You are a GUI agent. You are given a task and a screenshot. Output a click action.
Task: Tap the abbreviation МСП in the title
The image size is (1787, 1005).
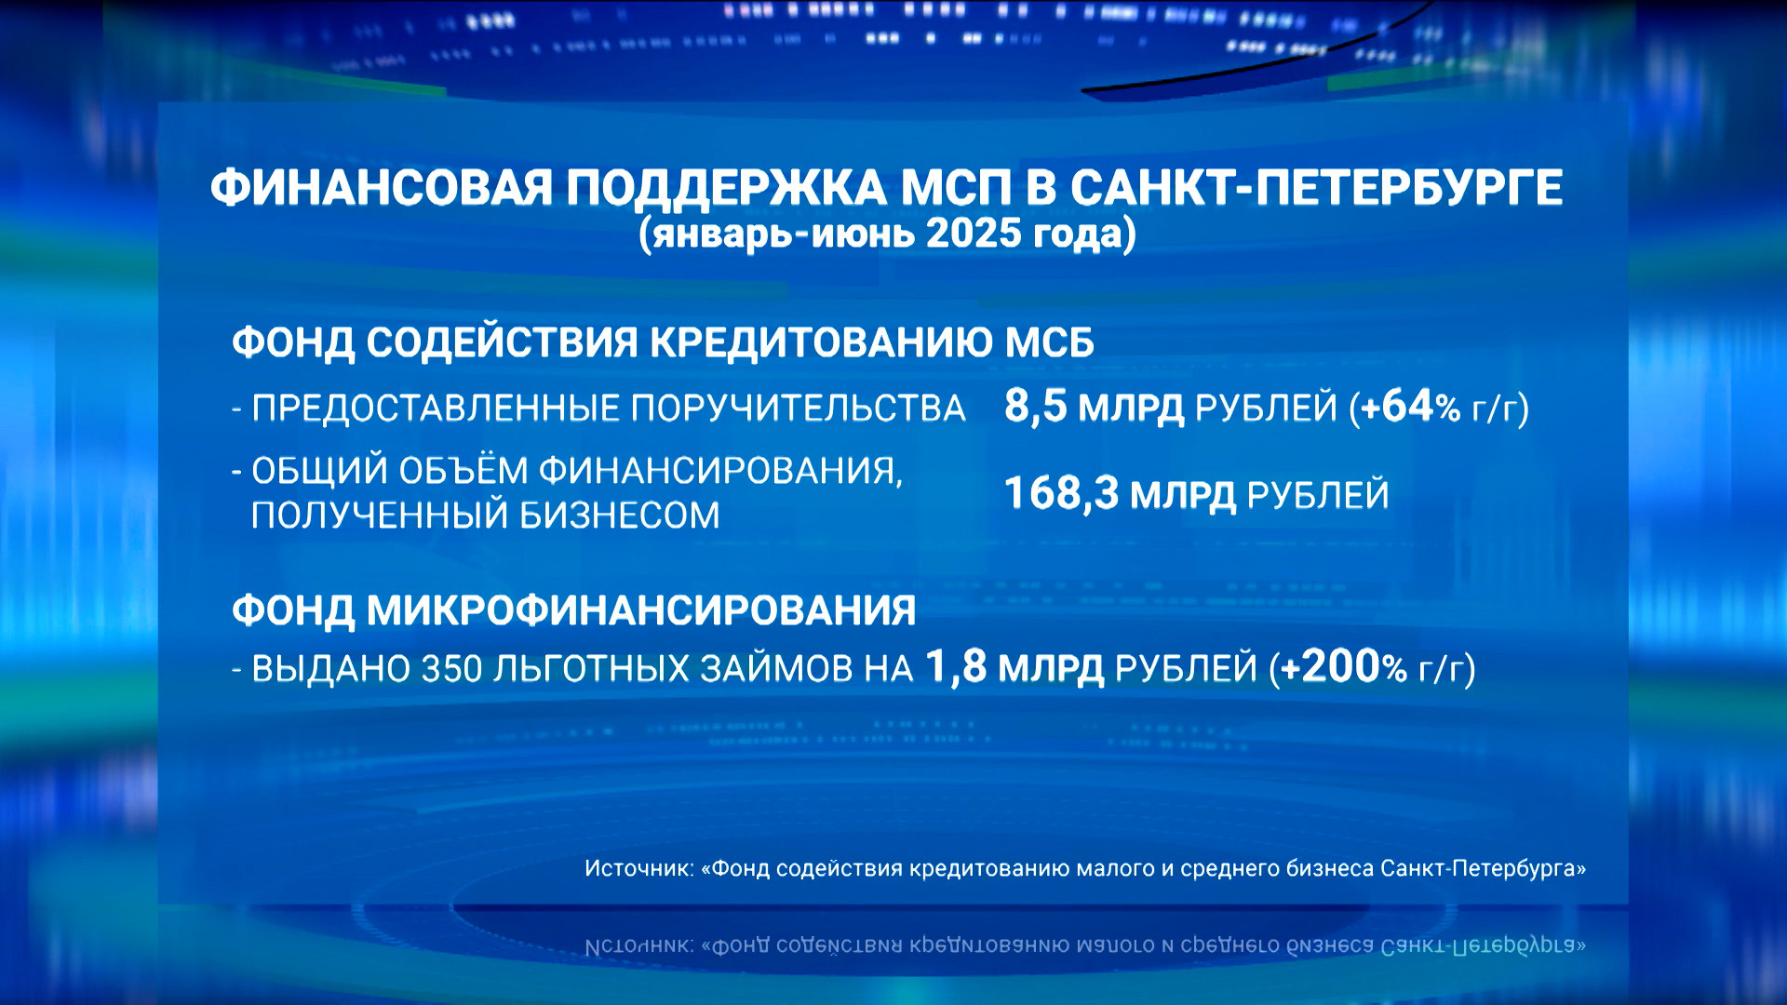[x=956, y=188]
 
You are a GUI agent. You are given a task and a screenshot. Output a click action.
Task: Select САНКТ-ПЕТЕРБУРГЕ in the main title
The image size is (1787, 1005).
[x=1316, y=188]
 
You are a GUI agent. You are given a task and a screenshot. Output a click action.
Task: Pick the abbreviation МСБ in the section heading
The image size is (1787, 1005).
[x=1049, y=342]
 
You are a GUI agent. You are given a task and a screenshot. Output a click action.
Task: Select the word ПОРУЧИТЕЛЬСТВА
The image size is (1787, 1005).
[x=799, y=409]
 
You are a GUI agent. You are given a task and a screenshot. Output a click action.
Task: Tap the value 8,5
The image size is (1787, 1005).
[x=1035, y=407]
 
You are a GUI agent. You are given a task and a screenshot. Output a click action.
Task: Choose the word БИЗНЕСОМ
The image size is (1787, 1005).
[x=619, y=515]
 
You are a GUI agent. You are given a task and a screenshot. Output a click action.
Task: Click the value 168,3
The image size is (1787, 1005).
[x=1061, y=494]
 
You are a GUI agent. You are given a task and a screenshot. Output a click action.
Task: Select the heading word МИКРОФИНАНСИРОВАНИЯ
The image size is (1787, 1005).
[x=641, y=611]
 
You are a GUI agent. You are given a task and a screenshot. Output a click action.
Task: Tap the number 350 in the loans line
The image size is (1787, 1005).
[x=452, y=669]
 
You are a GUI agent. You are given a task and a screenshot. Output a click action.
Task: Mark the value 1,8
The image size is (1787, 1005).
[x=956, y=667]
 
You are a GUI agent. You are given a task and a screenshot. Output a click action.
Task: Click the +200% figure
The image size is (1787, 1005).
[x=1344, y=667]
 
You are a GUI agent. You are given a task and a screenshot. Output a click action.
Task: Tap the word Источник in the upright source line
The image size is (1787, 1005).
[x=639, y=868]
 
